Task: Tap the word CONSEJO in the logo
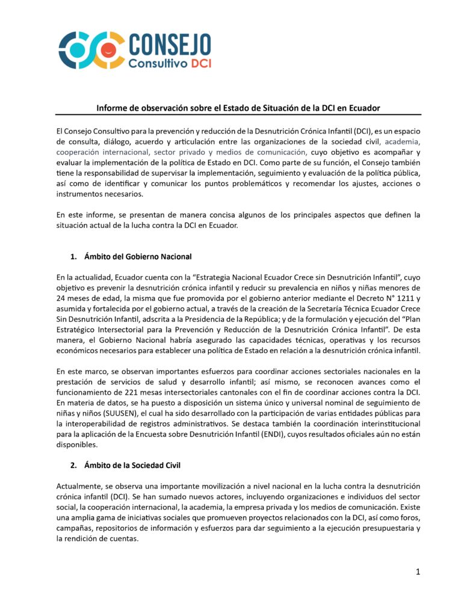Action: coord(169,43)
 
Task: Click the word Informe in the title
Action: coord(113,108)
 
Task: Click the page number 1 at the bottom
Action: coord(418,572)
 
